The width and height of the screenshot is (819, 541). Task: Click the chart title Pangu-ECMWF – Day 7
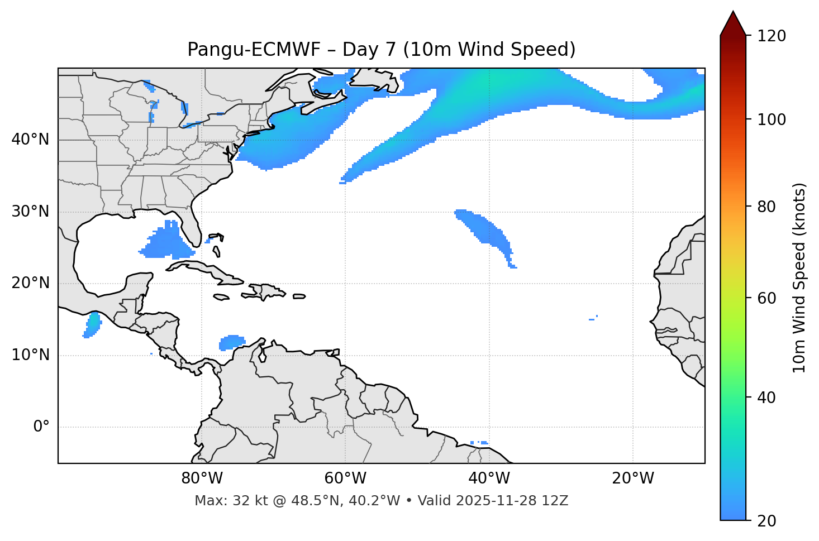(381, 50)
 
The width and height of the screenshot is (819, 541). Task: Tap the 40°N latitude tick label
(30, 140)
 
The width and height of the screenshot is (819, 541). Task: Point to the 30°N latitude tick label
(30, 212)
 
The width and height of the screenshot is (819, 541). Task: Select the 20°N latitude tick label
(30, 283)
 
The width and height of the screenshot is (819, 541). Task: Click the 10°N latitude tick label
(30, 355)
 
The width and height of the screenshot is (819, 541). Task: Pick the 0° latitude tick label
(41, 427)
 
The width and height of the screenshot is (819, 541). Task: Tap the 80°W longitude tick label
(202, 478)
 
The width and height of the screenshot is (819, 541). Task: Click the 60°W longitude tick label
(345, 478)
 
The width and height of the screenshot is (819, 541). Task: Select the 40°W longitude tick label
(489, 478)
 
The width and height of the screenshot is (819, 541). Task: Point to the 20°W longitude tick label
(632, 478)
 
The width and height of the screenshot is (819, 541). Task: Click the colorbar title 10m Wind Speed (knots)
(799, 277)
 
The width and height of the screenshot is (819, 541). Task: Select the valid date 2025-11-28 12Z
(512, 501)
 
